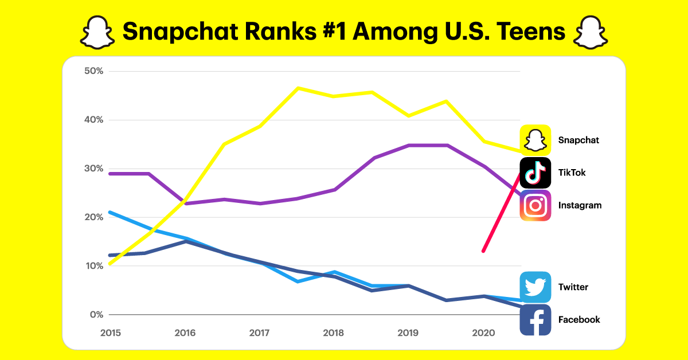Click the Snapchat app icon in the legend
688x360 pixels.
pyautogui.click(x=535, y=140)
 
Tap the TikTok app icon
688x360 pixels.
pyautogui.click(x=535, y=173)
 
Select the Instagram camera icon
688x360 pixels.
pyautogui.click(x=535, y=205)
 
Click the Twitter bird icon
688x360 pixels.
pyautogui.click(x=535, y=287)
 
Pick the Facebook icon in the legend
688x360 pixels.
pyautogui.click(x=535, y=320)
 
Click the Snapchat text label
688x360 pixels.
pyautogui.click(x=578, y=140)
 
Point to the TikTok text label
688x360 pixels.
pyautogui.click(x=572, y=173)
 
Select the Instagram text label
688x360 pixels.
pyautogui.click(x=580, y=205)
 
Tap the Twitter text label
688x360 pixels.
pyautogui.click(x=573, y=287)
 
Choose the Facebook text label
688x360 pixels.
pyautogui.click(x=579, y=320)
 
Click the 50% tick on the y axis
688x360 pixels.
pyautogui.click(x=93, y=71)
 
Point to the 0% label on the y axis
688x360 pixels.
pyautogui.click(x=96, y=315)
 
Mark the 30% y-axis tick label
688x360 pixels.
pyautogui.click(x=93, y=169)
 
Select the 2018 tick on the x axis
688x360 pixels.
pyautogui.click(x=334, y=332)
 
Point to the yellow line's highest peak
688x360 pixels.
pyautogui.click(x=298, y=88)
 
